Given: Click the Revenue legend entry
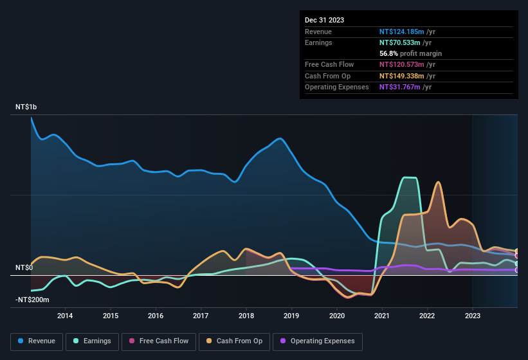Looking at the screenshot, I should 37,341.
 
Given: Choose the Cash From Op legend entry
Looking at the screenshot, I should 234,341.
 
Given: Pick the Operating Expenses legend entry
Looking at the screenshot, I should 318,341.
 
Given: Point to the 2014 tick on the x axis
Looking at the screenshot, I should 64,316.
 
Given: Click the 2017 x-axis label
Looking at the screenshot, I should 201,316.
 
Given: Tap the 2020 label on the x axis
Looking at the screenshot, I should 336,316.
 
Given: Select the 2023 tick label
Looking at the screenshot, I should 473,316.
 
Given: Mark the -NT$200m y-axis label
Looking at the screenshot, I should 32,300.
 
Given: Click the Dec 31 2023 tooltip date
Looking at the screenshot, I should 324,20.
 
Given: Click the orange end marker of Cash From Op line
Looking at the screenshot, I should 516,251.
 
